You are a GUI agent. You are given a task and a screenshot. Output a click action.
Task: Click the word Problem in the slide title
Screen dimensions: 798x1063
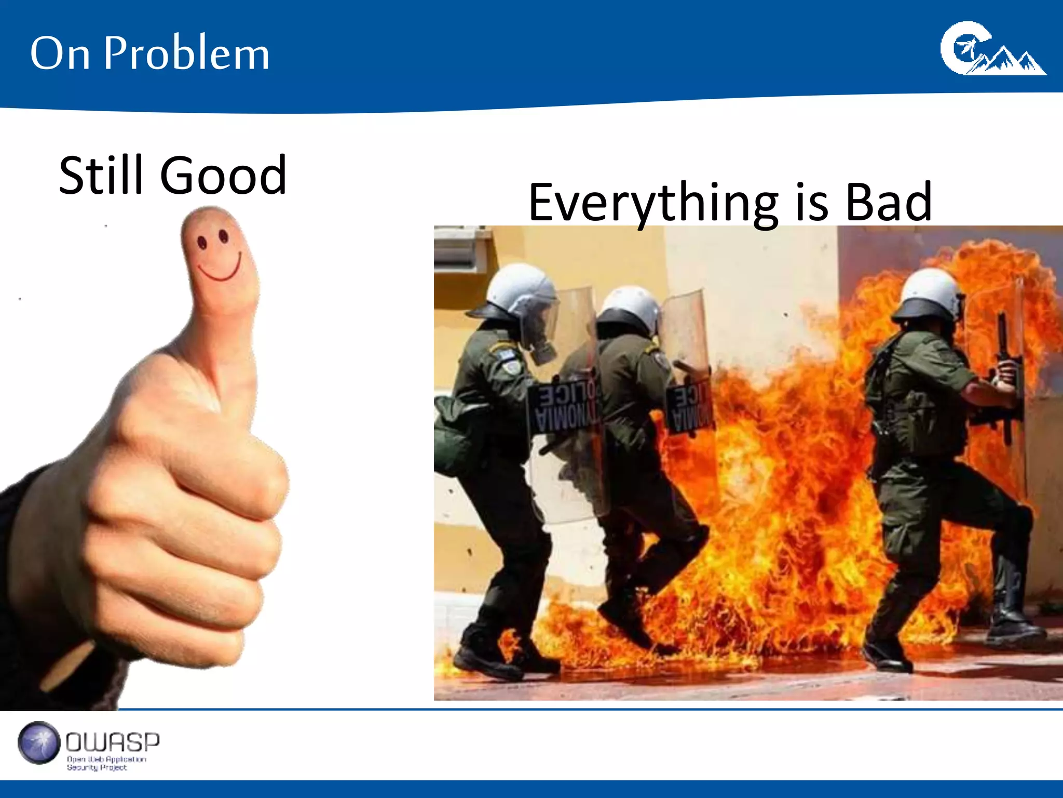point(187,53)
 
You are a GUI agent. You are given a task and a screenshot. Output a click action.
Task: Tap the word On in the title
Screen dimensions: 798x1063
point(60,54)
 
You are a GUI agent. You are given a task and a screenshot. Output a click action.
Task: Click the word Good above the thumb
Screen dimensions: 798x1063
point(223,176)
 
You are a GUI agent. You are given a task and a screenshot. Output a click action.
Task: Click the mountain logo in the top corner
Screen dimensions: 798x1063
point(991,49)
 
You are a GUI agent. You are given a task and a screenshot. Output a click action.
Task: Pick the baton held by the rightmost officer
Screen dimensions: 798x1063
point(1004,374)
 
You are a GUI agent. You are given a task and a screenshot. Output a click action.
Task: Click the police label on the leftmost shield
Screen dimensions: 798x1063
point(563,408)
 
